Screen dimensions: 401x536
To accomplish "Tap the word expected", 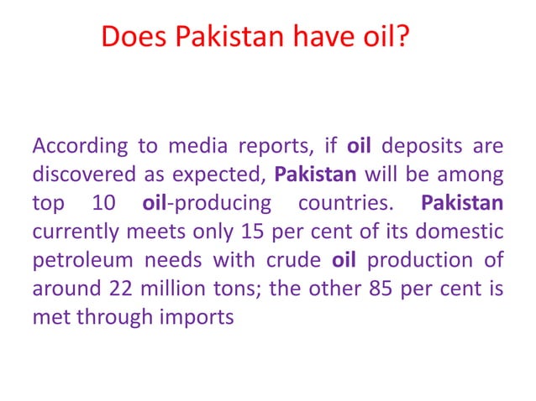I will point(226,177).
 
